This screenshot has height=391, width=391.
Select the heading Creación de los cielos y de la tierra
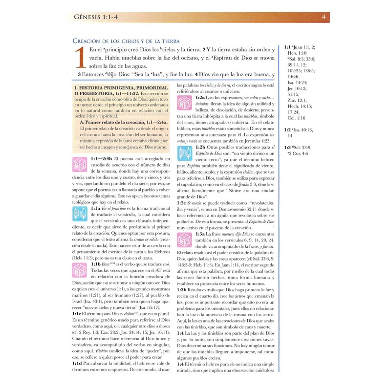tap(126, 42)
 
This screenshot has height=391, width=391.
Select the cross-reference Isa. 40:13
tap(303, 130)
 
